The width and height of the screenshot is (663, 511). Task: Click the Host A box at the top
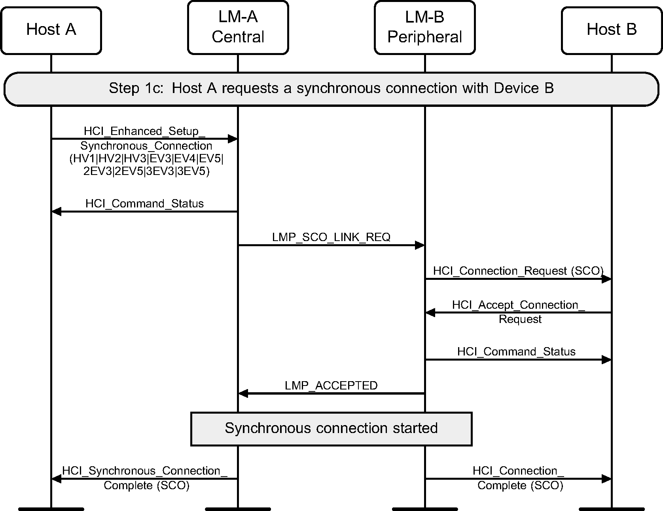point(51,30)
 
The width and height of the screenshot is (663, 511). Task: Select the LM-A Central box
point(238,27)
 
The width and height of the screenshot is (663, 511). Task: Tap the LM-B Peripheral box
point(424,27)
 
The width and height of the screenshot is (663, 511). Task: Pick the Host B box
point(611,30)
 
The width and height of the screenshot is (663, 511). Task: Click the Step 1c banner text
point(331,88)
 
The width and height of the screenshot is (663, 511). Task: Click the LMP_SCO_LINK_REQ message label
point(331,237)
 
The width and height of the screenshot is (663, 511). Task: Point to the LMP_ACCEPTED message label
point(331,386)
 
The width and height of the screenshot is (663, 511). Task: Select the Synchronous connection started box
point(331,429)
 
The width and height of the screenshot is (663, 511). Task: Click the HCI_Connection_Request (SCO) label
point(518,271)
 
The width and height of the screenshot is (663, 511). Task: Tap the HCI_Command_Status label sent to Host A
point(144,204)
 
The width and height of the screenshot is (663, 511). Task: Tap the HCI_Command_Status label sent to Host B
point(516,352)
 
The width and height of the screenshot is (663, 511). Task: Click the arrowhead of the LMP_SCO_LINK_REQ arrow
point(419,245)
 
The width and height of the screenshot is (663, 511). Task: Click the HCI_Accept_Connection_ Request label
point(519,312)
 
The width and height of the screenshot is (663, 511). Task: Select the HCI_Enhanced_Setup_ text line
point(144,131)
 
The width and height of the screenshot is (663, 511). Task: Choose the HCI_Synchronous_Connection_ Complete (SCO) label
point(145,478)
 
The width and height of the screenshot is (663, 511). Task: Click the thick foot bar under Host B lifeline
point(611,509)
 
